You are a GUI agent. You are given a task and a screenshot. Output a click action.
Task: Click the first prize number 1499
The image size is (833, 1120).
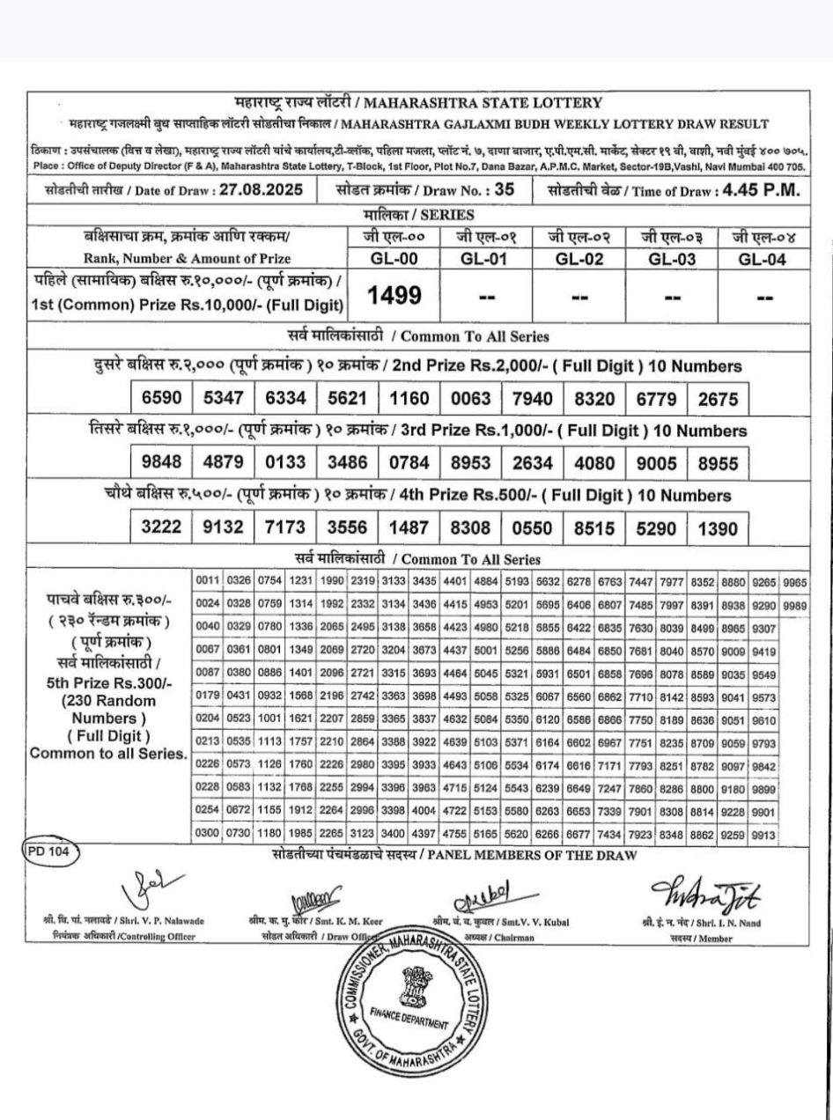click(394, 296)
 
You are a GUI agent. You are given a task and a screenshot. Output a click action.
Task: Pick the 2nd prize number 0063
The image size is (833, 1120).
click(470, 398)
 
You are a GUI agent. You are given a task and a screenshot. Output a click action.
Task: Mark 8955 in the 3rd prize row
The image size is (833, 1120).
click(717, 463)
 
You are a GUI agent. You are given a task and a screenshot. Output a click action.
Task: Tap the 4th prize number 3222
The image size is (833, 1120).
click(161, 528)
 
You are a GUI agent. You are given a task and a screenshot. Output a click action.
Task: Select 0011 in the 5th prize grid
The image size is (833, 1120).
click(208, 582)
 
